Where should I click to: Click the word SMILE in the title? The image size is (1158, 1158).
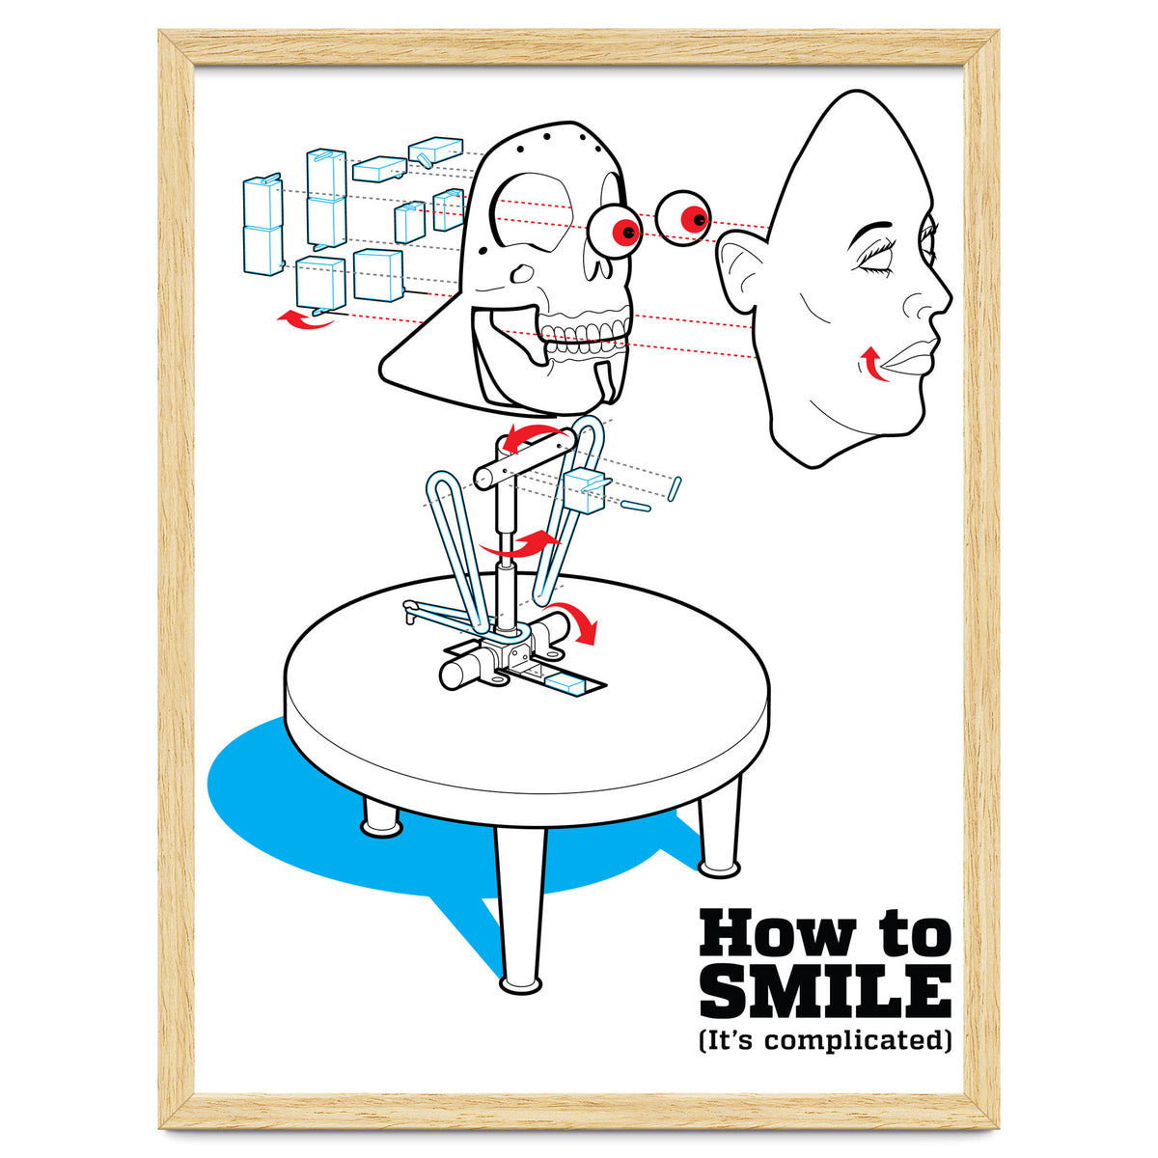[825, 990]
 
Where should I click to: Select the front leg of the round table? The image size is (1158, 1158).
[521, 907]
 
